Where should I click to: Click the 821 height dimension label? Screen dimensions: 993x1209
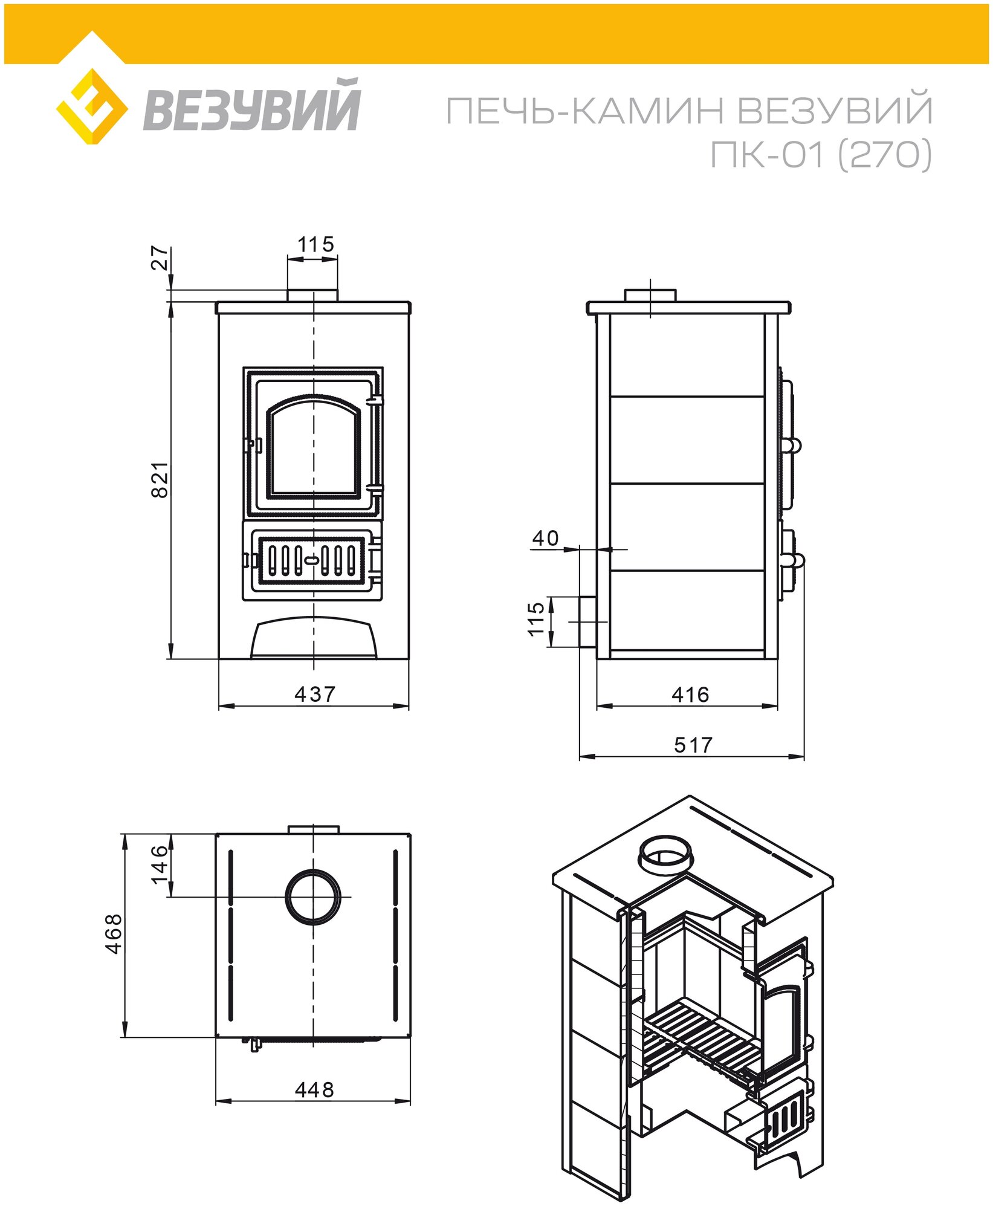[x=160, y=479]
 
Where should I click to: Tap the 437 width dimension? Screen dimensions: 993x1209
[x=314, y=694]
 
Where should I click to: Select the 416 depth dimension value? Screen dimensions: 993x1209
[x=690, y=695]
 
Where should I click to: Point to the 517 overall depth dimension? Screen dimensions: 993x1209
[x=693, y=745]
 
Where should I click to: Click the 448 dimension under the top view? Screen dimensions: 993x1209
[x=314, y=1089]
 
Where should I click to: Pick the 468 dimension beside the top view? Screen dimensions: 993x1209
[x=114, y=934]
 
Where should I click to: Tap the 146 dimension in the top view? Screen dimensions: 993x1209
[x=160, y=864]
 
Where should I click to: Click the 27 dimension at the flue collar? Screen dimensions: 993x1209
[x=160, y=258]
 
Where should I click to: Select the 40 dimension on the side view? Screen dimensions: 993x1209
[x=545, y=538]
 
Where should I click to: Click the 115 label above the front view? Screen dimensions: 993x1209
[x=315, y=245]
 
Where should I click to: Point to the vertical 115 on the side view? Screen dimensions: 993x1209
[x=536, y=618]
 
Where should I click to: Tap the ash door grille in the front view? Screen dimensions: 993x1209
[x=312, y=560]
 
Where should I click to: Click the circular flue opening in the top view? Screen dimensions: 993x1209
[x=313, y=897]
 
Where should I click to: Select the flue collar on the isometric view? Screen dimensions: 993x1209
[x=665, y=854]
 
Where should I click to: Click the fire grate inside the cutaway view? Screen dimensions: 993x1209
[x=701, y=1037]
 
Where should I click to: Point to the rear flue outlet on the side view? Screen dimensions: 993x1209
[x=587, y=621]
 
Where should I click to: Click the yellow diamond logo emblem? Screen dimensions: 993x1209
[x=92, y=106]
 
